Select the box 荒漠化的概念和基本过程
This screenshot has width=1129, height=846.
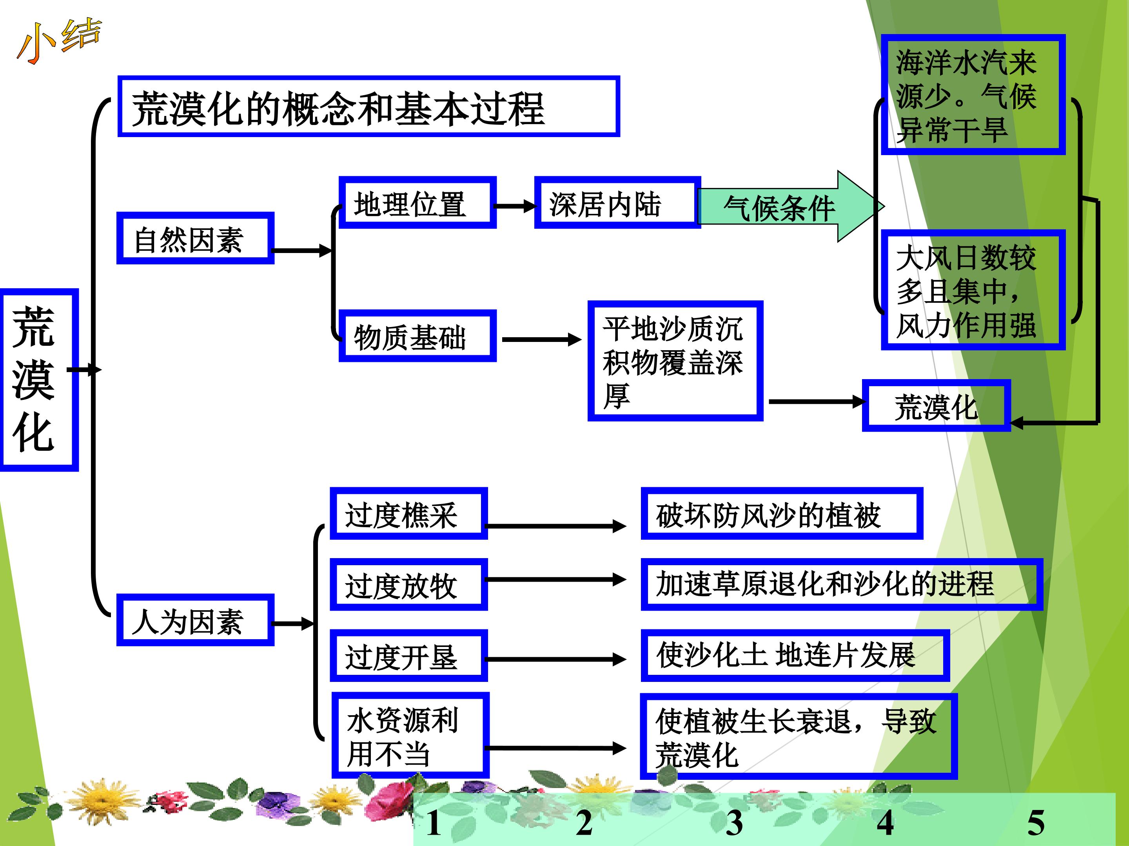(x=368, y=107)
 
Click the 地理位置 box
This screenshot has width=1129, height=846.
(x=417, y=202)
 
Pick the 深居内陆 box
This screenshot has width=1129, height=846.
(x=617, y=202)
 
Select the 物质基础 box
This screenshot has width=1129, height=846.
(x=417, y=336)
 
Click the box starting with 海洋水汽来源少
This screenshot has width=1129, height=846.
(x=973, y=95)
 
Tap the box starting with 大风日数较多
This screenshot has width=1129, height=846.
(x=973, y=290)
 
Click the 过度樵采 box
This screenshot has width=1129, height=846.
(x=409, y=513)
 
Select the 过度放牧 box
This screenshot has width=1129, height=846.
(x=409, y=584)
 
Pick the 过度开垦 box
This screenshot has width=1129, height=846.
(x=409, y=655)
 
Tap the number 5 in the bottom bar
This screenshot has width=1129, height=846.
(x=1036, y=822)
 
